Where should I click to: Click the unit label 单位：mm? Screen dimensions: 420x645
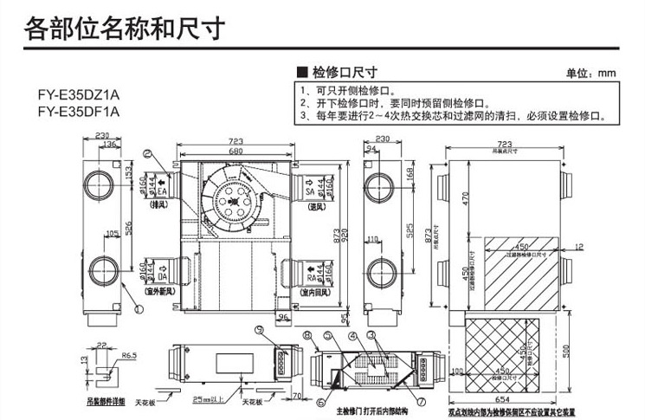590,73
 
